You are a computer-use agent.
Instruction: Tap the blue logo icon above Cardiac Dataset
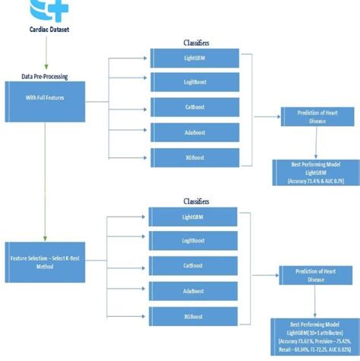pos(49,10)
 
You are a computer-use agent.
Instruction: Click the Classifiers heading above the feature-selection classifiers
pos(197,202)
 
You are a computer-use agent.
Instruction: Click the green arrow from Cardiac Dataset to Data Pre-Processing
pos(47,55)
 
